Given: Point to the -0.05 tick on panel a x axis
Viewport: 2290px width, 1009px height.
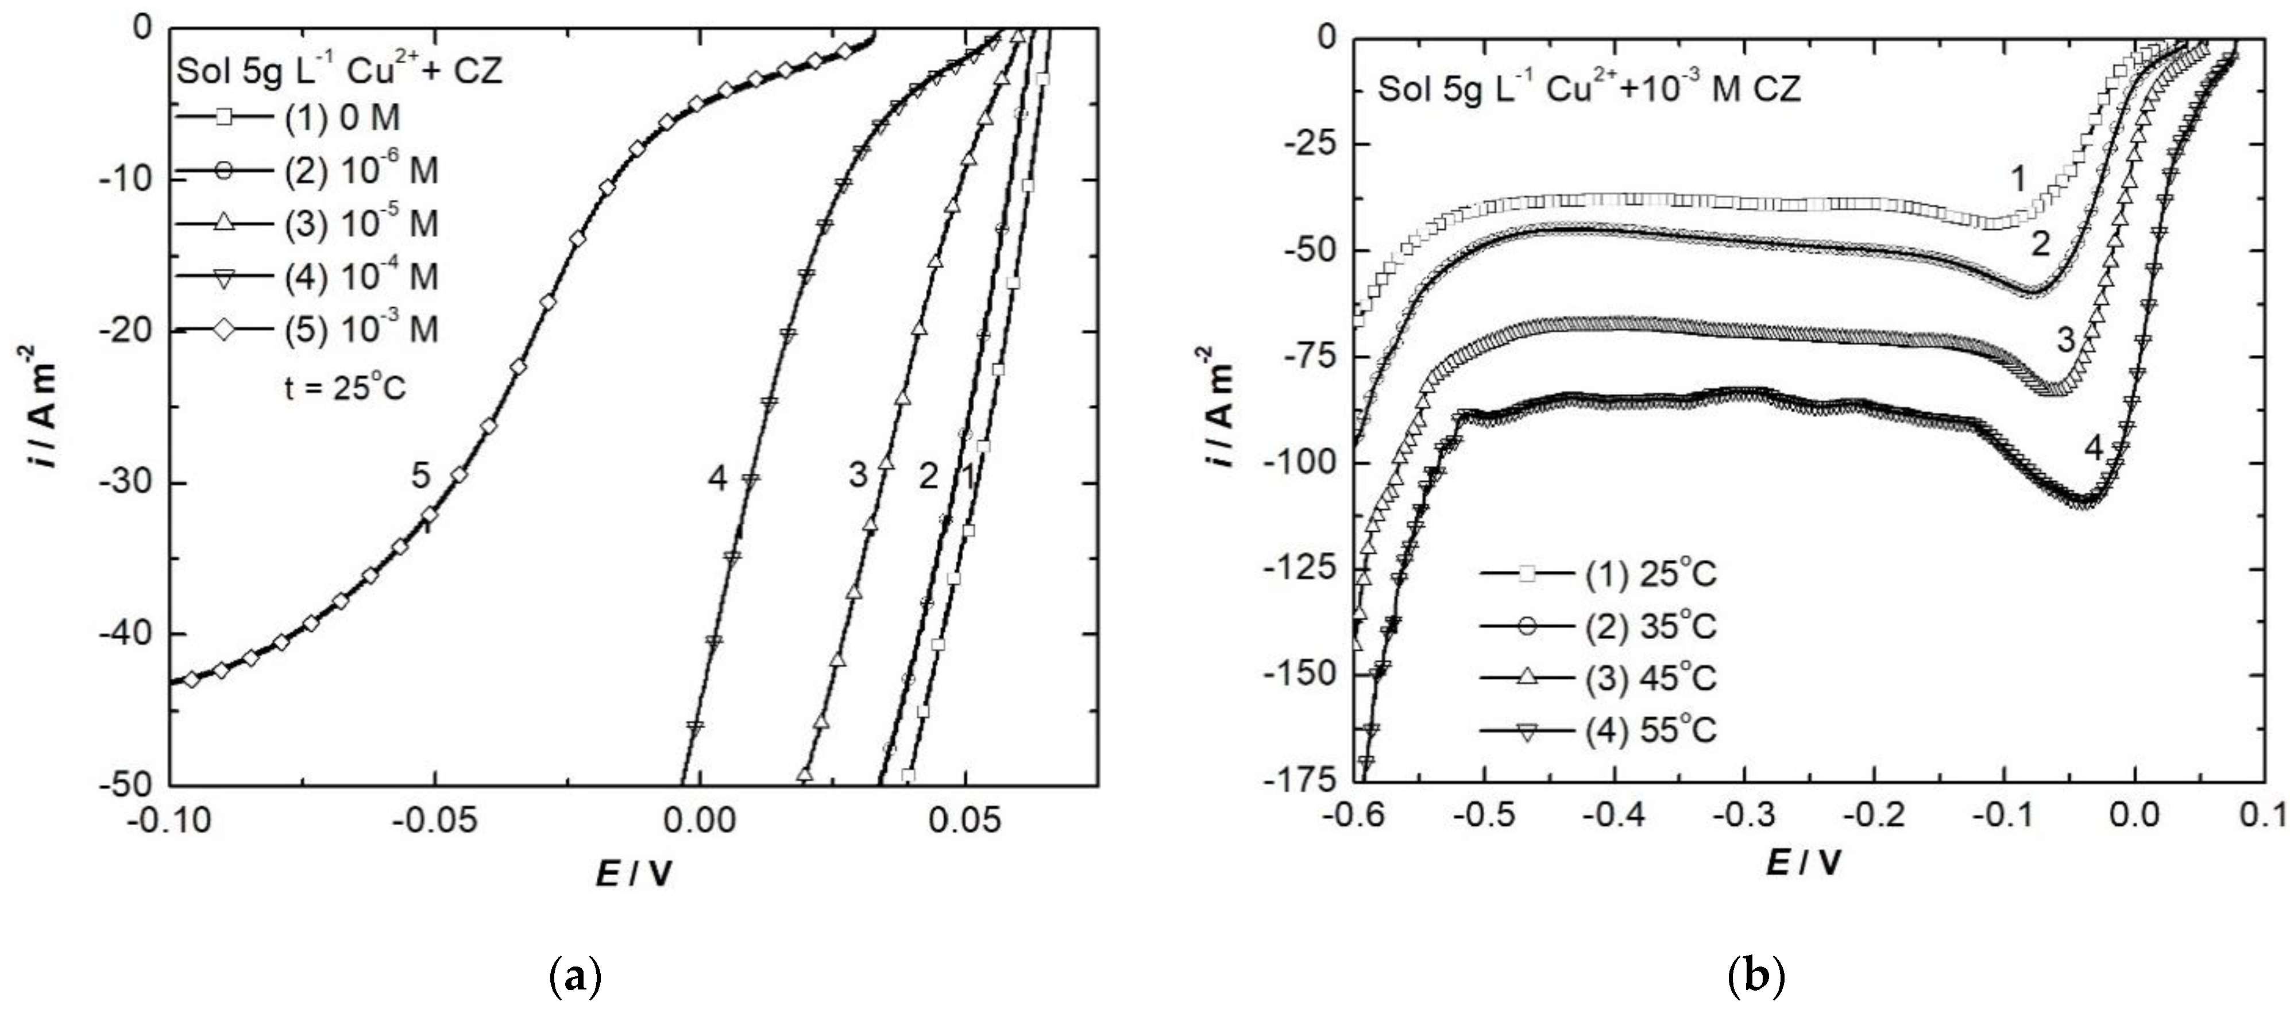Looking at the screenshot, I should click(x=435, y=819).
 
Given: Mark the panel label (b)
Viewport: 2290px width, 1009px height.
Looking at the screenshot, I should click(x=1756, y=978).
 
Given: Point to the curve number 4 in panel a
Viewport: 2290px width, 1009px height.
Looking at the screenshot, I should click(x=717, y=479).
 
